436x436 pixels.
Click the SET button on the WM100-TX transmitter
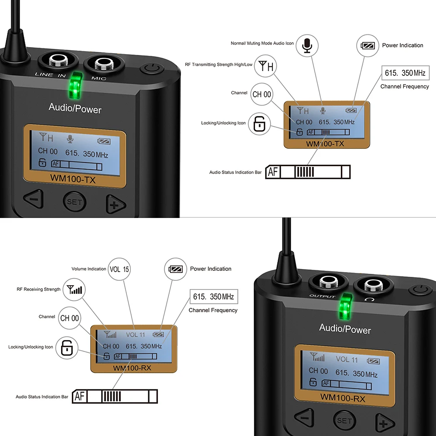tap(75, 202)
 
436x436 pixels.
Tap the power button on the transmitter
tap(151, 69)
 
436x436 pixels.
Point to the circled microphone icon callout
tap(307, 45)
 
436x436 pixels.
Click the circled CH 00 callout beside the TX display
tap(262, 94)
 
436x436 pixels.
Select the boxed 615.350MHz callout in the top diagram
tap(405, 73)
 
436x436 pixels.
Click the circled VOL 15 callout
tap(119, 269)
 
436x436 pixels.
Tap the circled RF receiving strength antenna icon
tap(75, 289)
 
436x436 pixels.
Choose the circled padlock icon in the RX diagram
tap(67, 347)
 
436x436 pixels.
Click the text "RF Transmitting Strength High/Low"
tap(218, 65)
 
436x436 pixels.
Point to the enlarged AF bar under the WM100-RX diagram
tap(115, 396)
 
